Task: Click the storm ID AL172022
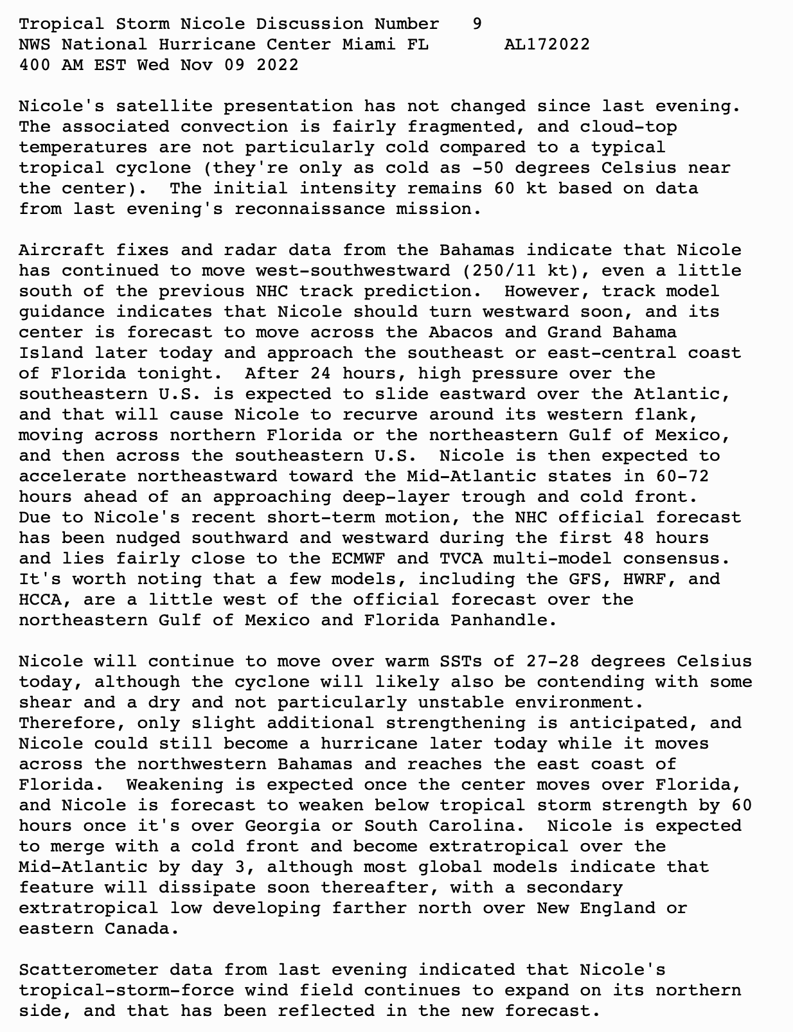coord(547,44)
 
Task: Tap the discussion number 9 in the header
coord(477,24)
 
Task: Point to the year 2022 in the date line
coord(277,65)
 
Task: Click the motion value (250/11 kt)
coord(520,271)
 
